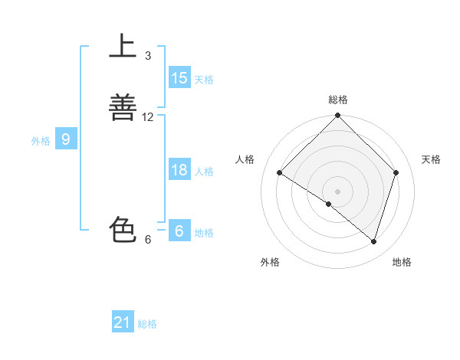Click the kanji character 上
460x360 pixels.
[123, 46]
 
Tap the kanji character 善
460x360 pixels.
[123, 107]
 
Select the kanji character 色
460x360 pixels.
[123, 230]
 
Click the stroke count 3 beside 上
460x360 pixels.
[148, 56]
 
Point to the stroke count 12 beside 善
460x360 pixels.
[148, 117]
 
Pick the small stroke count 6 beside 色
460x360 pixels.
[148, 240]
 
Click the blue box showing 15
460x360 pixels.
[179, 78]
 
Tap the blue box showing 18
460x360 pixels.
[179, 170]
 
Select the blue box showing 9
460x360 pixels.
[66, 139]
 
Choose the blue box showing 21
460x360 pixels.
[123, 322]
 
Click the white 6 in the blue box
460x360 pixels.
[179, 231]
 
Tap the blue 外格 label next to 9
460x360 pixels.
[41, 141]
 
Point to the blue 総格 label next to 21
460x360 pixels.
[147, 324]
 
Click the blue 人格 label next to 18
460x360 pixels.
[205, 172]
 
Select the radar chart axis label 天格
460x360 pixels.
[432, 159]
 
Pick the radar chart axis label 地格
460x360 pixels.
[402, 262]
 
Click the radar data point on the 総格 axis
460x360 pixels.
[338, 116]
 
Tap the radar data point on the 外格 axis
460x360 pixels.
[329, 204]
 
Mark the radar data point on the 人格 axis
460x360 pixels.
[280, 173]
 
